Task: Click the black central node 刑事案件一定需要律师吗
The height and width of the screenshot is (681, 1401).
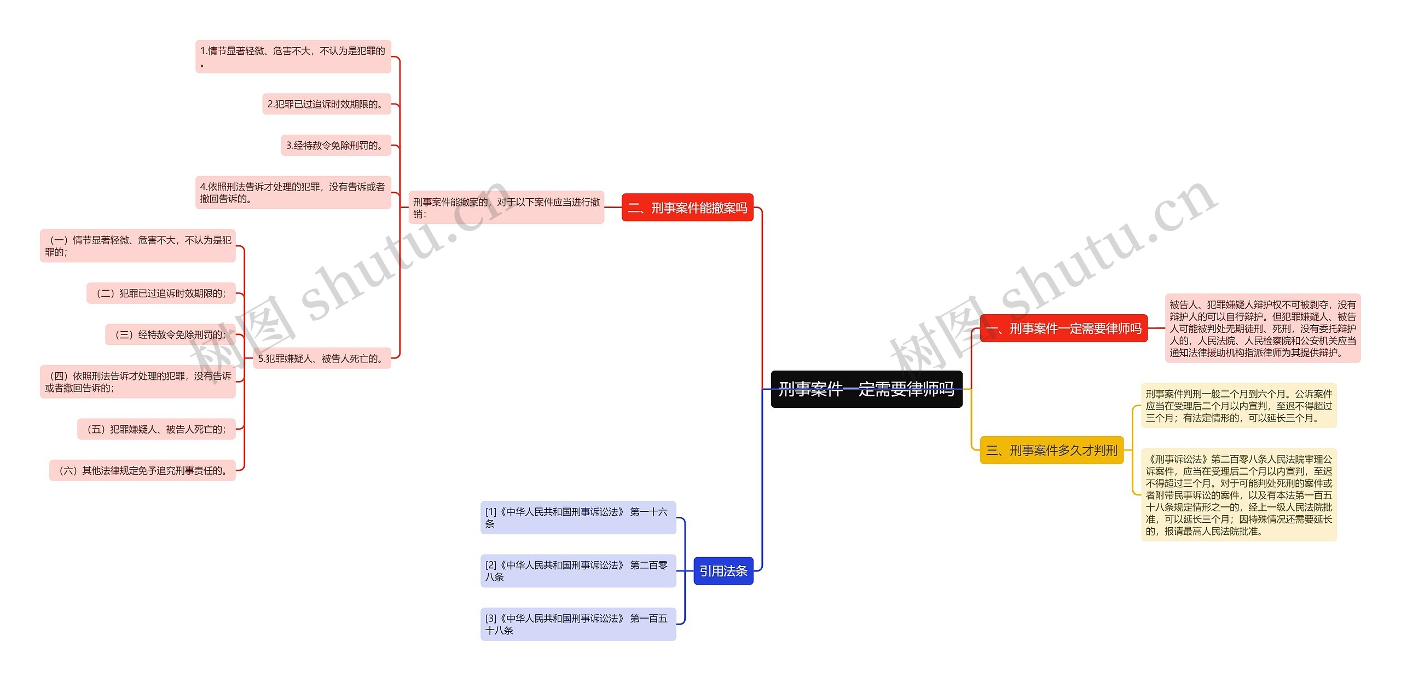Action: [x=866, y=389]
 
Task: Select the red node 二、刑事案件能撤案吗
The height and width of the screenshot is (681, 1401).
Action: [x=687, y=207]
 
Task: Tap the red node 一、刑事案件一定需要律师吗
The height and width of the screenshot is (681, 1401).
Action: [x=1063, y=328]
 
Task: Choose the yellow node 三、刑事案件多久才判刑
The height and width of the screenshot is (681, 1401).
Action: [x=1051, y=450]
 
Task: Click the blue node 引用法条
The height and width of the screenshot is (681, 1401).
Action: [x=723, y=570]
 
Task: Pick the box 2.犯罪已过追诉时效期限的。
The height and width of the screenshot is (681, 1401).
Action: [x=326, y=104]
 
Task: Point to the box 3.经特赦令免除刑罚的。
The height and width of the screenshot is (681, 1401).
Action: [x=335, y=145]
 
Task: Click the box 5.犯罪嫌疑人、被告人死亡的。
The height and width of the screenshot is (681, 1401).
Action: [x=321, y=358]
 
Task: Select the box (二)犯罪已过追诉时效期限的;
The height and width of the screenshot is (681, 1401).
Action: [x=161, y=293]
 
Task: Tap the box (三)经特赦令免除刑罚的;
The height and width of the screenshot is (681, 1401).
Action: [x=170, y=334]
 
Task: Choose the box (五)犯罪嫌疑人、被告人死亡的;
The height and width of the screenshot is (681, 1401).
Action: [x=157, y=429]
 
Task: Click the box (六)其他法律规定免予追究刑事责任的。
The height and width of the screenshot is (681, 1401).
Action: [x=142, y=470]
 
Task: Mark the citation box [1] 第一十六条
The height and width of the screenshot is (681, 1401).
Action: [x=578, y=517]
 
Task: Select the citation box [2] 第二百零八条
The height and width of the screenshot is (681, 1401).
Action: [x=578, y=570]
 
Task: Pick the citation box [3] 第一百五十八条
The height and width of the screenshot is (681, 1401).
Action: [x=578, y=624]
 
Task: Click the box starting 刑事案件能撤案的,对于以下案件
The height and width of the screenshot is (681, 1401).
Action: [x=506, y=207]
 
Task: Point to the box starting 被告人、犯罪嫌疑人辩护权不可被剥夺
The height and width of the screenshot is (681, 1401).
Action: [x=1262, y=328]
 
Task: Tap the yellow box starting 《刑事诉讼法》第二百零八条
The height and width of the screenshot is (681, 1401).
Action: [x=1238, y=495]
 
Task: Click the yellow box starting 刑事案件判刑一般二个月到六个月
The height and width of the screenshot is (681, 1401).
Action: [x=1238, y=406]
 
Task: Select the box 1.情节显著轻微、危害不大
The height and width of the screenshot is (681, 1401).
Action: [x=293, y=56]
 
